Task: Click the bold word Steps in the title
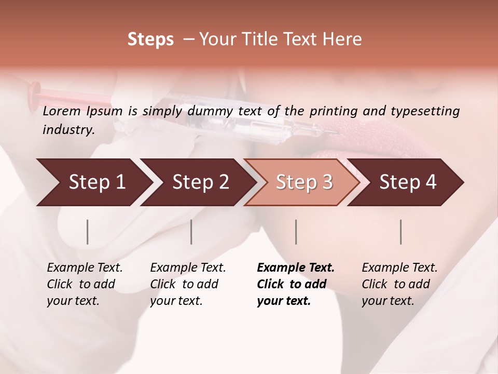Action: point(150,39)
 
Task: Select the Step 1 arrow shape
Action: point(93,182)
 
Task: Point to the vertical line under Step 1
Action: point(88,232)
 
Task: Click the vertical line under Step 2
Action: point(191,232)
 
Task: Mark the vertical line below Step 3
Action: point(296,232)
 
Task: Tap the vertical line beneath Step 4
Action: point(401,232)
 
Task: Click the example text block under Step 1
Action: point(84,284)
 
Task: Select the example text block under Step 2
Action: point(187,284)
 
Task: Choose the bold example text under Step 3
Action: point(295,284)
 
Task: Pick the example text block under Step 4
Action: point(399,284)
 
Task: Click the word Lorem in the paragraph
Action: point(61,111)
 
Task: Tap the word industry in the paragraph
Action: point(68,130)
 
